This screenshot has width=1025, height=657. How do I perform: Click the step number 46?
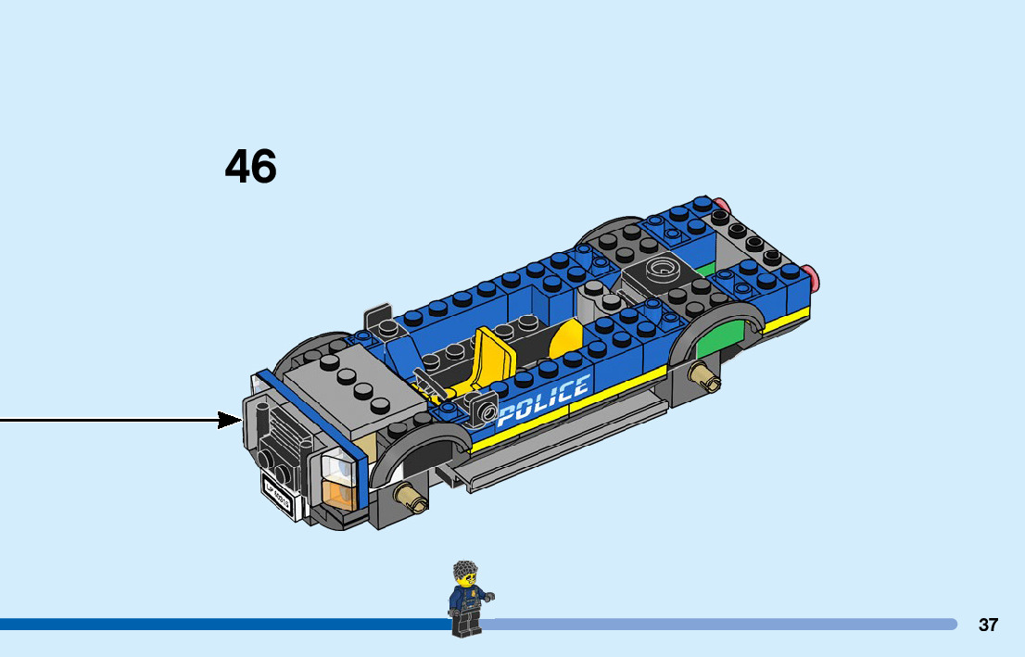click(x=250, y=168)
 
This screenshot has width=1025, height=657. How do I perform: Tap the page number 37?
click(x=988, y=625)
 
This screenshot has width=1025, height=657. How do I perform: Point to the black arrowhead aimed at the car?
click(x=230, y=420)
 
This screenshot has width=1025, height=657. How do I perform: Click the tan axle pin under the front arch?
click(x=411, y=499)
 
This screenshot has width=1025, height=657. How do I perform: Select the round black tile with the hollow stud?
click(x=661, y=272)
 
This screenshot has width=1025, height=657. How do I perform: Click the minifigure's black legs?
click(x=465, y=624)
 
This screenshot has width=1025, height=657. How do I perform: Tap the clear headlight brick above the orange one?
click(x=340, y=465)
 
